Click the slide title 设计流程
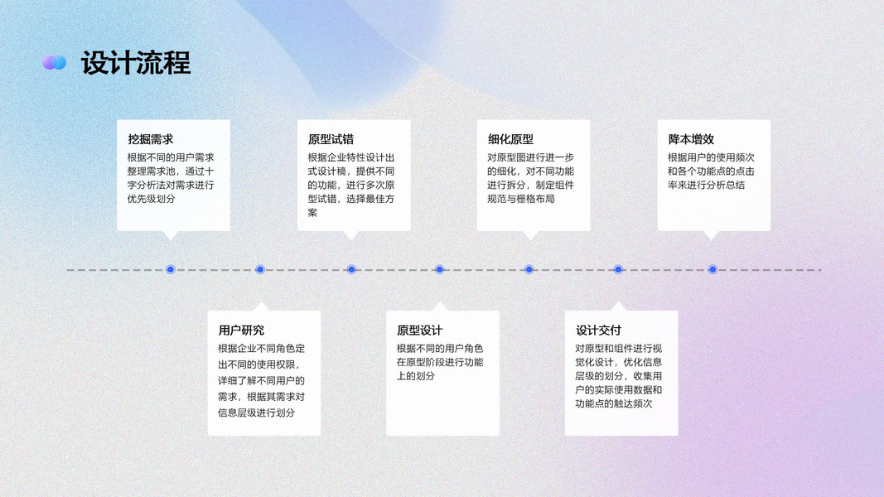[x=136, y=63]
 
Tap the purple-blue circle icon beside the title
[x=55, y=62]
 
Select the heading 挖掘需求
[x=151, y=139]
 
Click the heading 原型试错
[x=331, y=139]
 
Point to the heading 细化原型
[x=510, y=139]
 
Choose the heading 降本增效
[x=691, y=139]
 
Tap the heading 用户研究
[x=241, y=330]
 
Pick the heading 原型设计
[x=419, y=330]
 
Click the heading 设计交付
[x=598, y=330]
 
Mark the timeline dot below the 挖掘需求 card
[x=171, y=269]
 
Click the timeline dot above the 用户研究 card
[x=260, y=269]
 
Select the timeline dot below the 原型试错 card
[x=351, y=269]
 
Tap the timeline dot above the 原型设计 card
[x=440, y=269]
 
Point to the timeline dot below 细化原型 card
[x=529, y=269]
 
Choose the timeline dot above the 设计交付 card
[x=618, y=269]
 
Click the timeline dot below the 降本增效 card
[x=713, y=269]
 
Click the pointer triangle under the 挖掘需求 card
[x=171, y=235]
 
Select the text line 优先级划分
[x=152, y=199]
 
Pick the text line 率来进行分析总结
[x=706, y=185]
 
